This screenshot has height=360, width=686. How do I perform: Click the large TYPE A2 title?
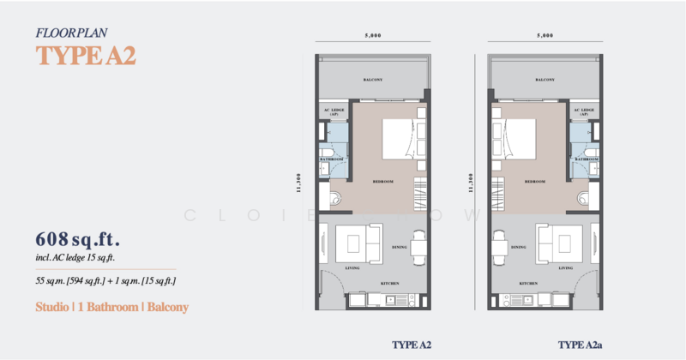pos(85,56)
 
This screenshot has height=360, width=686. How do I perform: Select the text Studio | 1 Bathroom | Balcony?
pos(111,306)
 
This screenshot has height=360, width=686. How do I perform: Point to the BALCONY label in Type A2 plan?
pos(373,80)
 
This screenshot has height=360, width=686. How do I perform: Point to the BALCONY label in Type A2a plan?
pos(545,80)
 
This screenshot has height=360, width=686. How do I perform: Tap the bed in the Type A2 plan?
pos(399,137)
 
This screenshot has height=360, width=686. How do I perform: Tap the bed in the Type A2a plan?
pos(521,137)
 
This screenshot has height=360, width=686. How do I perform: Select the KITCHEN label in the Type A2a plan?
pos(528,282)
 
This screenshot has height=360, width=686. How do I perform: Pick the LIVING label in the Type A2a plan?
pos(566,268)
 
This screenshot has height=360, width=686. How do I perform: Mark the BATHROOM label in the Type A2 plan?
pos(333,159)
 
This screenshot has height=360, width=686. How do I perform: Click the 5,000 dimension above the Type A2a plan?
pos(545,36)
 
